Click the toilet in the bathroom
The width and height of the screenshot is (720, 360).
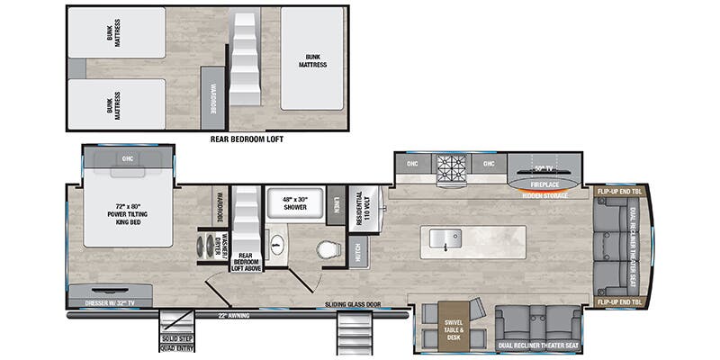tap(328, 249)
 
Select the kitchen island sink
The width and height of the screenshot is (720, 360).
tap(445, 238)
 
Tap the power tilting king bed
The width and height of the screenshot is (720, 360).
tap(127, 211)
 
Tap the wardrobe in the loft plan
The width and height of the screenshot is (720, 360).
tap(213, 97)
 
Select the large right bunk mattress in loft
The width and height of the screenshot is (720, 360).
tap(311, 59)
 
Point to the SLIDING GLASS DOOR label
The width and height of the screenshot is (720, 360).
tap(354, 305)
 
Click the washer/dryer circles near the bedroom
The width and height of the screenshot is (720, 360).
tap(212, 246)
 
